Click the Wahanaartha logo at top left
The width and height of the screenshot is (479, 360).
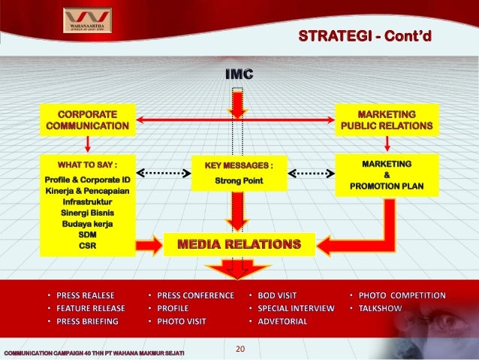(x=87, y=20)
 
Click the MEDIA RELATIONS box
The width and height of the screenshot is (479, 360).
(x=238, y=244)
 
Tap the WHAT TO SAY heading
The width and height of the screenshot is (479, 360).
(x=88, y=164)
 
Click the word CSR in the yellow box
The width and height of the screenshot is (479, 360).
(x=88, y=244)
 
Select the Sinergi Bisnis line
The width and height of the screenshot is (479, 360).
(x=88, y=213)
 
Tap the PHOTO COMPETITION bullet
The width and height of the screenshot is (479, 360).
(x=401, y=295)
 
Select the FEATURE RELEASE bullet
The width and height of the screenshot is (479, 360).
(x=90, y=308)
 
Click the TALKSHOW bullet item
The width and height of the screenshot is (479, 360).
(x=381, y=308)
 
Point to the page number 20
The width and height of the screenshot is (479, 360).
(x=241, y=348)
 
